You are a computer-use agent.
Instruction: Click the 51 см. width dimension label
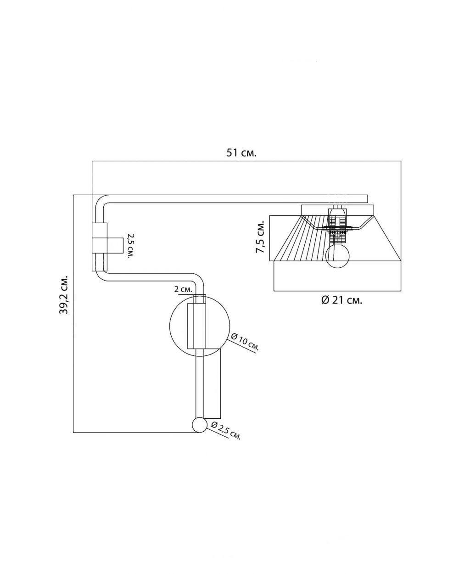point(241,153)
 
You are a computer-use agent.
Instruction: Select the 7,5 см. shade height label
point(260,237)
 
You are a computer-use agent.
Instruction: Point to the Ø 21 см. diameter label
point(341,300)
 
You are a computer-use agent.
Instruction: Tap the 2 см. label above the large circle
point(183,290)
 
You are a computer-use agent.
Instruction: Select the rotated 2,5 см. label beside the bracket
point(130,246)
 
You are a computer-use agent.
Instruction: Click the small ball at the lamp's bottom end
point(200,425)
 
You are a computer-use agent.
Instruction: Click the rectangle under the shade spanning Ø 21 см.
point(337,276)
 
